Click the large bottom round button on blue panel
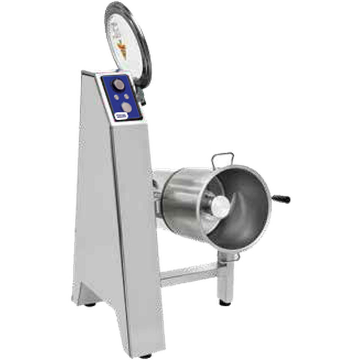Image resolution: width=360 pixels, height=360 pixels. (127, 107)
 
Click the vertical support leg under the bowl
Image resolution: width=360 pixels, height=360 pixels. (225, 279)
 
